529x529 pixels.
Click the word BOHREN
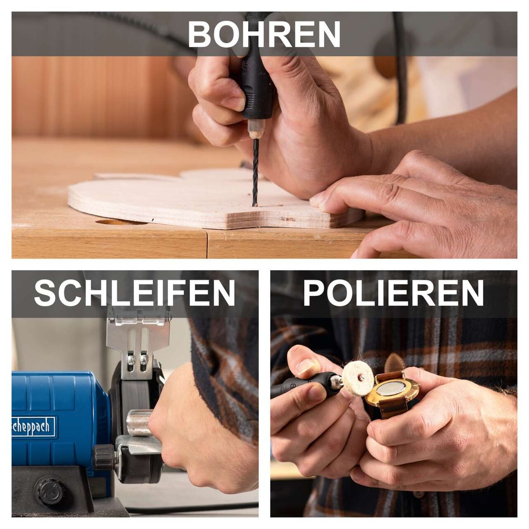pos(264,34)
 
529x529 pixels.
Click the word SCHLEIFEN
pos(134,293)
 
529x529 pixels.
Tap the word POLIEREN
pos(393,293)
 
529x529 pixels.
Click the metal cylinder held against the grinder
pos(138,422)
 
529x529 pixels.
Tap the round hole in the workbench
pos(121,222)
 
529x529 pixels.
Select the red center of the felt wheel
pos(361,377)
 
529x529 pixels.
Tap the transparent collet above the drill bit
pos(256,130)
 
